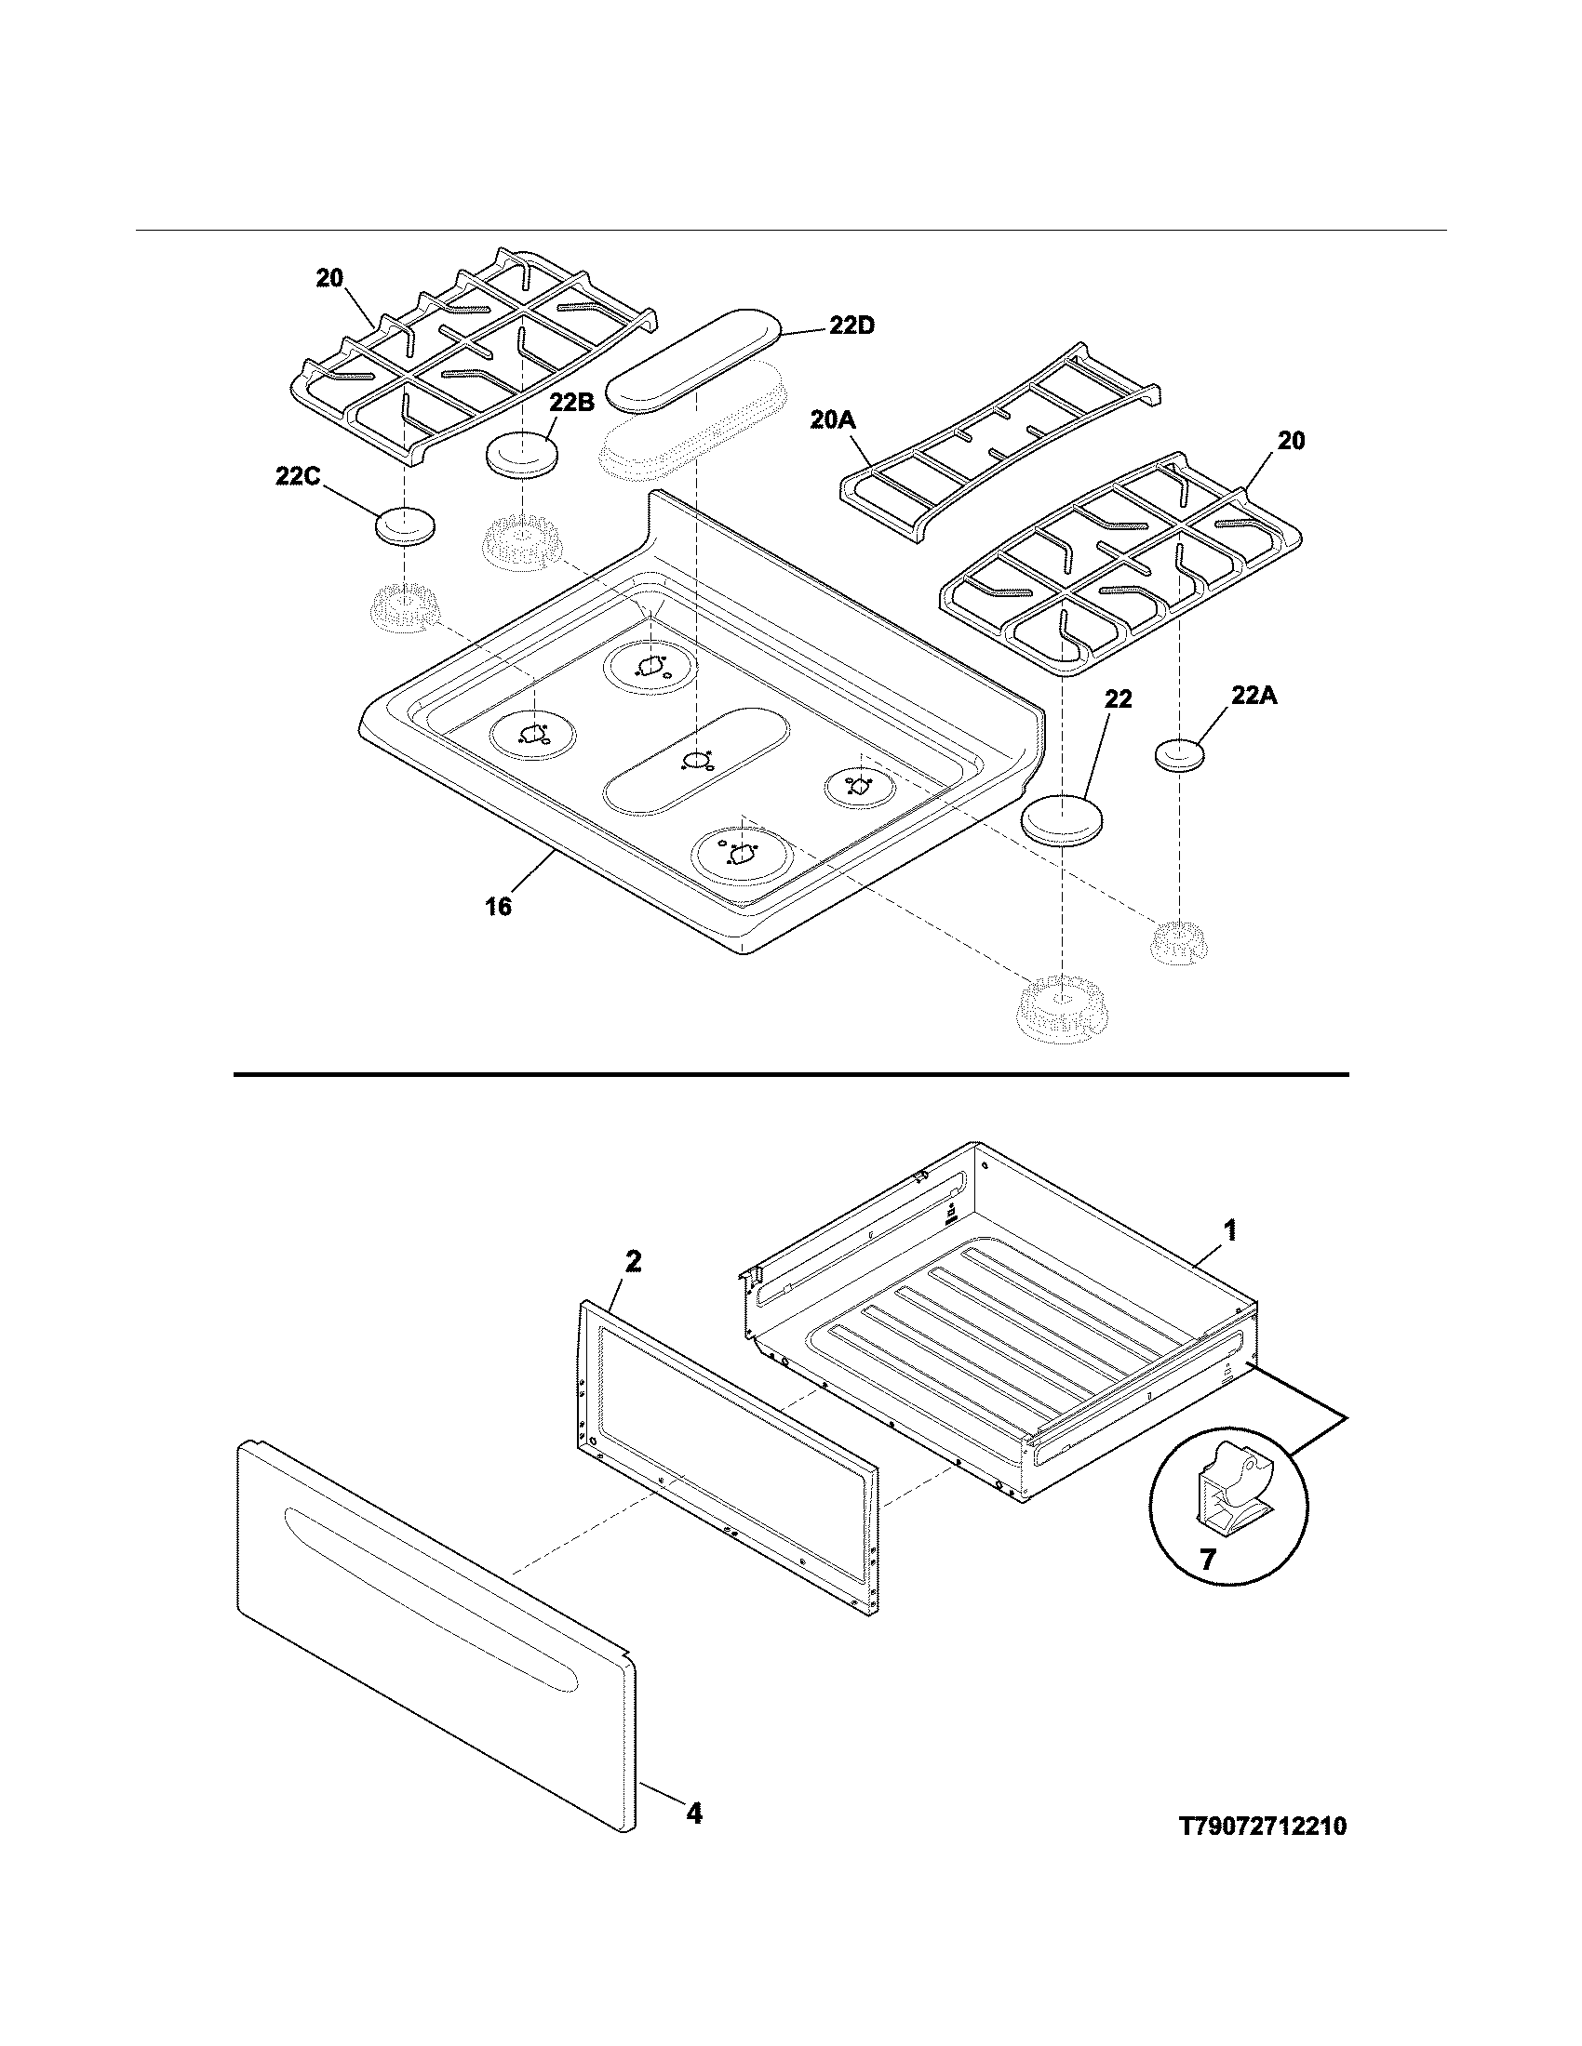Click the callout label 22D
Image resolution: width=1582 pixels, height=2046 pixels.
[851, 326]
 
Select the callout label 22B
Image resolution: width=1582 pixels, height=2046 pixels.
[571, 403]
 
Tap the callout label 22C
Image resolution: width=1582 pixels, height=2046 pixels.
[298, 477]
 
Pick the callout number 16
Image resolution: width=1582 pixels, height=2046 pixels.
[499, 906]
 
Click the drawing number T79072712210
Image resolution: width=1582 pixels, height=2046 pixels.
[1263, 1827]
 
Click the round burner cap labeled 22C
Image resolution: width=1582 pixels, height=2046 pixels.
[405, 525]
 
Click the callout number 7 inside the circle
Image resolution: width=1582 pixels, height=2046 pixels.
[1208, 1560]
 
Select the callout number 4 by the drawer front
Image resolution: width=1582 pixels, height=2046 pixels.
[693, 1813]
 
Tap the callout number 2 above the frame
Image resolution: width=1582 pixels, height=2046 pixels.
[634, 1262]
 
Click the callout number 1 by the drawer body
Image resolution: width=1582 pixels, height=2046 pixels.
[1231, 1230]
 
